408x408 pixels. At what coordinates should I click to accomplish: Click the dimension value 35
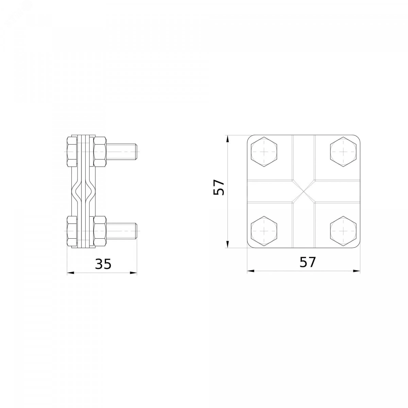tap(103, 264)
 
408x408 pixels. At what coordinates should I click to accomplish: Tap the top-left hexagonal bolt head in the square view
tap(264, 152)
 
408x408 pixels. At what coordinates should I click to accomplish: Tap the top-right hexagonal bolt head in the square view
tap(343, 152)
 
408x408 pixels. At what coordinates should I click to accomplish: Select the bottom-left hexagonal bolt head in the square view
tap(264, 231)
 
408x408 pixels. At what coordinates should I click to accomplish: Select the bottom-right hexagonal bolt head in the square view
tap(343, 231)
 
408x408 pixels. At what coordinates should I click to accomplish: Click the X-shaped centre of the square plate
tap(304, 191)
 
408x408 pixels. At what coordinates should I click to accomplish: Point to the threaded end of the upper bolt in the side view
tap(122, 152)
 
